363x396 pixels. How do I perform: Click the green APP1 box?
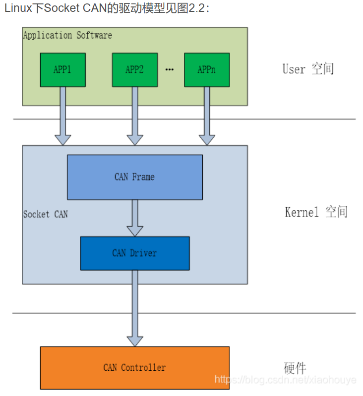tap(62, 70)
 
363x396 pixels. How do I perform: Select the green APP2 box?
tap(134, 70)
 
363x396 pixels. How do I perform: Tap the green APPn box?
tap(207, 70)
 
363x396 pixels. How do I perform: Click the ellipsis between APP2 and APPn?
tap(170, 70)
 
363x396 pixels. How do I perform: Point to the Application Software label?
tap(67, 35)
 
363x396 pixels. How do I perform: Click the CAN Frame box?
tap(134, 177)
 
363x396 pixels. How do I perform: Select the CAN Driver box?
tap(134, 253)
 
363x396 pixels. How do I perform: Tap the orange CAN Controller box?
tap(134, 367)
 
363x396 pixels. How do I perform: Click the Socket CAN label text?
tap(46, 214)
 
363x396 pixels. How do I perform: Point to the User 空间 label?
tap(308, 69)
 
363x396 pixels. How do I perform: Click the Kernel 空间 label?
tap(316, 212)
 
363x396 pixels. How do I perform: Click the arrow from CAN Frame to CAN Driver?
tap(134, 218)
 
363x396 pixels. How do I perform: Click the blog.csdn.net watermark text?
tap(285, 380)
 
